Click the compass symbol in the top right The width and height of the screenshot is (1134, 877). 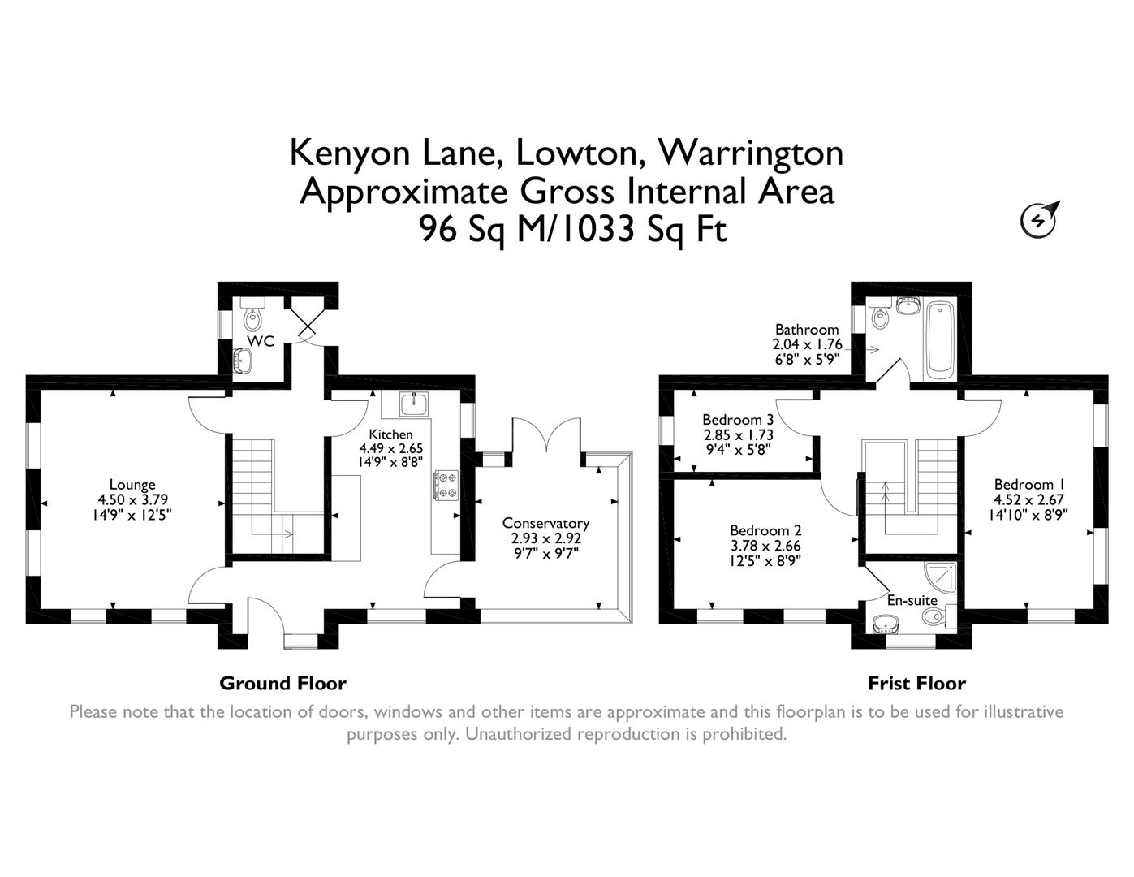[1039, 219]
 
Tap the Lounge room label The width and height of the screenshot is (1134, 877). [132, 485]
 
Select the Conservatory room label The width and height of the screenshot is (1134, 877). [545, 523]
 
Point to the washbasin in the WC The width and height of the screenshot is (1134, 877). [243, 361]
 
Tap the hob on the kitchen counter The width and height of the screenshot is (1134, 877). [446, 485]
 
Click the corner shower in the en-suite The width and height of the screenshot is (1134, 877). [943, 576]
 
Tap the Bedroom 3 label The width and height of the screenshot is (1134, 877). [737, 420]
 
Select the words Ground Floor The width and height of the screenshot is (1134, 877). [282, 683]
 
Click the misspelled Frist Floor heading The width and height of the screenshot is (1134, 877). [916, 683]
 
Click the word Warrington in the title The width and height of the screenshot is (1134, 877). [750, 152]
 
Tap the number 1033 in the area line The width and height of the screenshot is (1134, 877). [597, 230]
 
